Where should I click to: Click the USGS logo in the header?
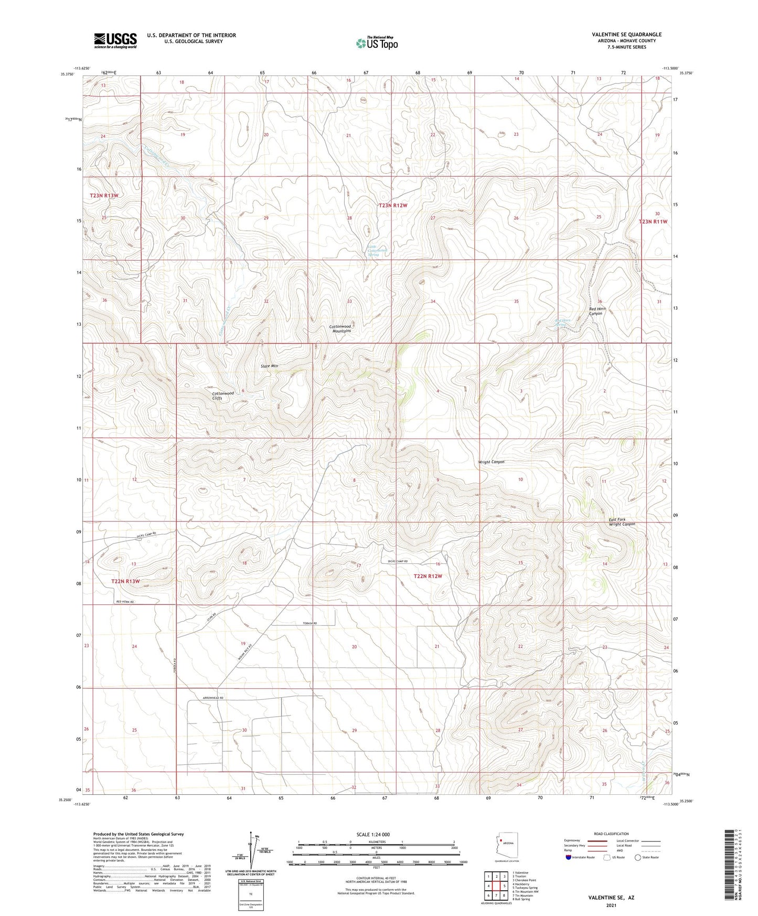pos(115,40)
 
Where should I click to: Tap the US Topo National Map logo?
pos(377,43)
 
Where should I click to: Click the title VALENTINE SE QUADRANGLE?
pos(626,35)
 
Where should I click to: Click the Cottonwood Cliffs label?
pos(223,396)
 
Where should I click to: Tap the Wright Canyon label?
pos(491,462)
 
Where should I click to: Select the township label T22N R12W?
pos(428,576)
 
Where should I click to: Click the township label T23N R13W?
pos(104,195)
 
